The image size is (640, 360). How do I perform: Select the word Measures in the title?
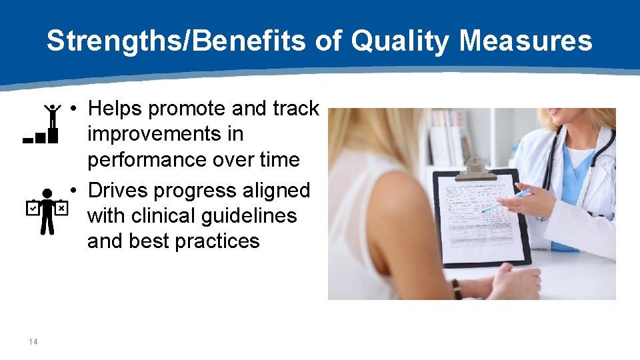pos(526,41)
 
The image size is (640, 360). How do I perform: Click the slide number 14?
pos(33,342)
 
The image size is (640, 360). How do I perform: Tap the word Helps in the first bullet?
pos(116,108)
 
